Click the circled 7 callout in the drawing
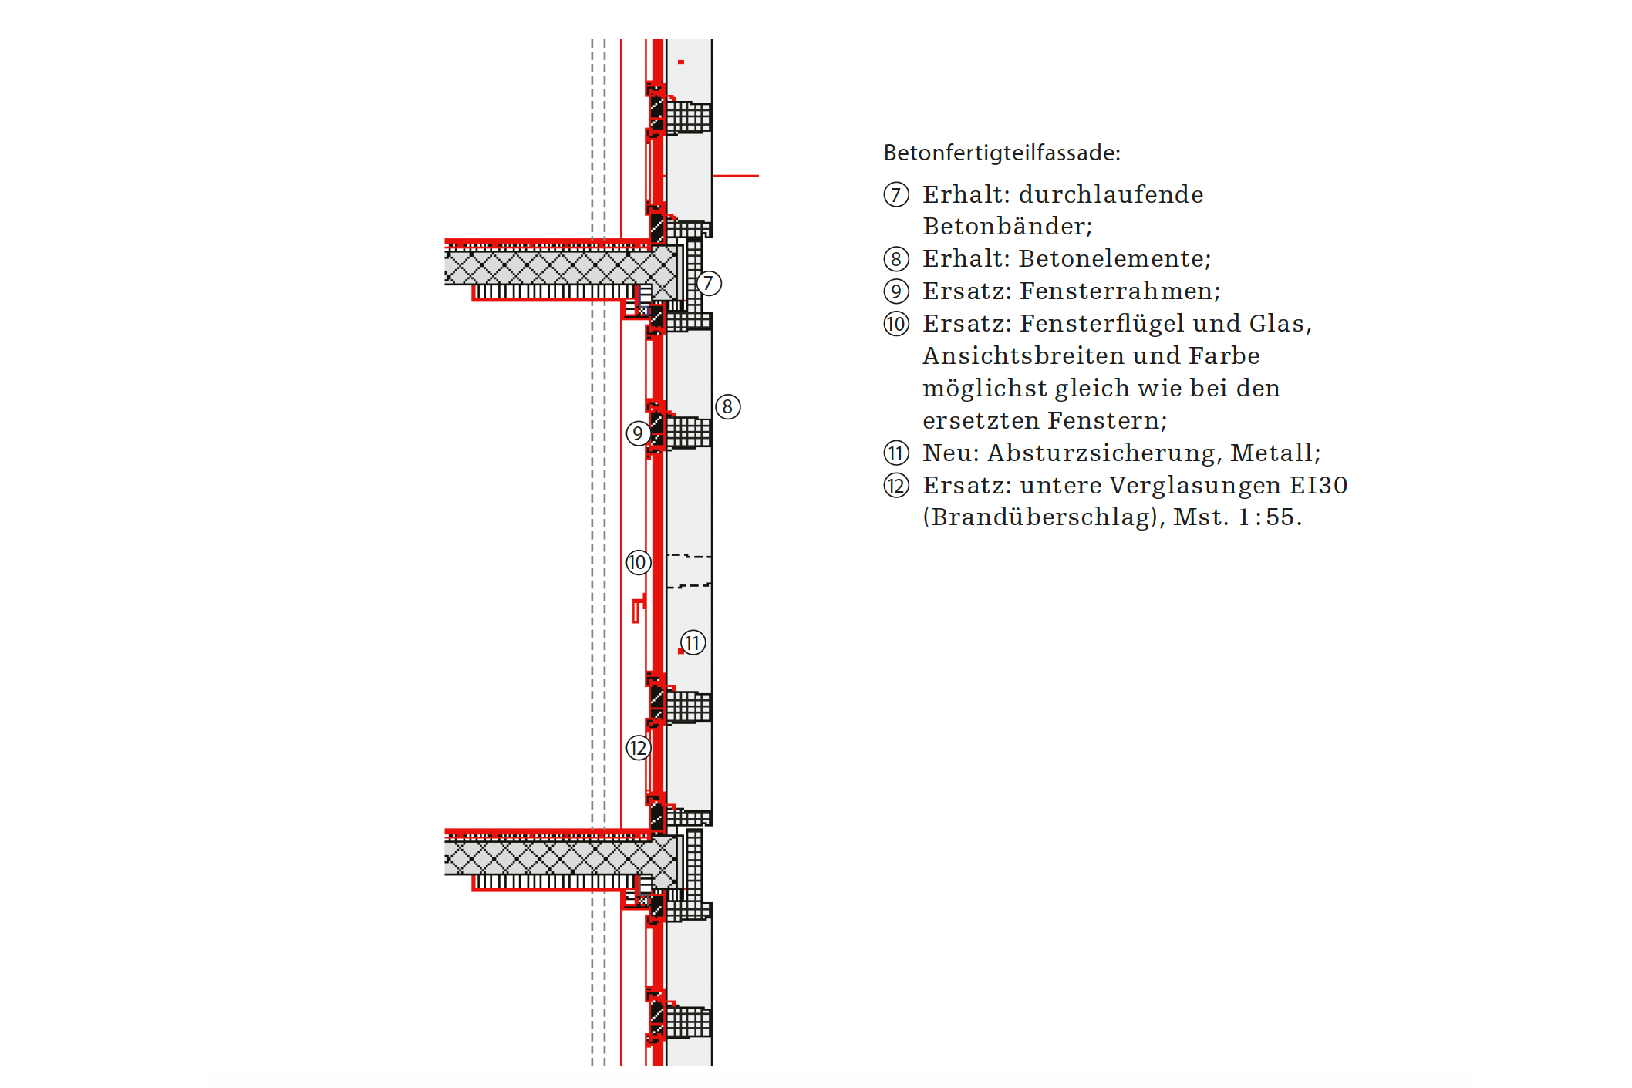(709, 283)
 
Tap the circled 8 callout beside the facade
(727, 406)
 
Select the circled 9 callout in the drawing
(638, 433)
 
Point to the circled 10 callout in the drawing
(638, 562)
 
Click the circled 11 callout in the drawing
(693, 642)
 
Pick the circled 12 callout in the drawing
(638, 748)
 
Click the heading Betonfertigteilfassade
(1001, 153)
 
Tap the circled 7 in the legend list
(896, 194)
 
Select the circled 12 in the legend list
(896, 486)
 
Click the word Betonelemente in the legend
(1114, 259)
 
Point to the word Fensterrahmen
(1119, 291)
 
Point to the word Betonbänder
(1007, 227)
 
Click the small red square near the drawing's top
(681, 62)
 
